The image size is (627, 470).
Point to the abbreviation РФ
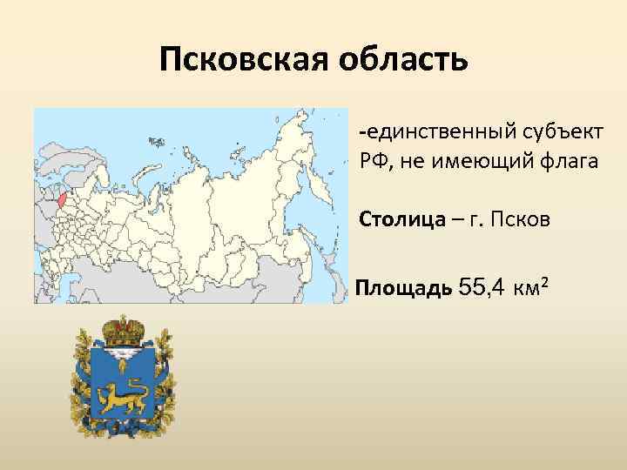pyautogui.click(x=372, y=161)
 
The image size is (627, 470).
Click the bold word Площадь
pyautogui.click(x=402, y=287)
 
